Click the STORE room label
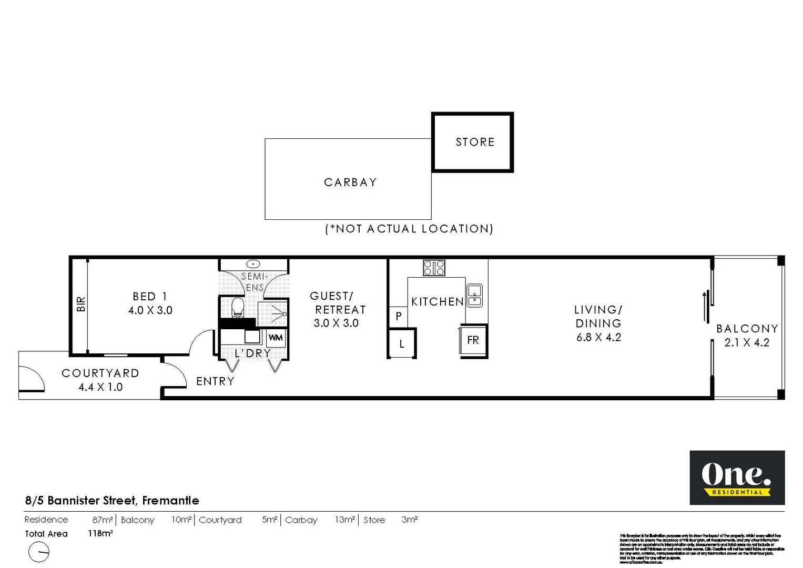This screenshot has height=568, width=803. [475, 142]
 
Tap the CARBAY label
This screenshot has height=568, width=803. [350, 182]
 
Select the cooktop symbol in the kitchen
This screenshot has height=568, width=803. [434, 268]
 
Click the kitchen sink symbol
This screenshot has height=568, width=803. [474, 295]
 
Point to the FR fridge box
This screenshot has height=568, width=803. [473, 340]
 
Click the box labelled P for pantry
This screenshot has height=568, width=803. [399, 316]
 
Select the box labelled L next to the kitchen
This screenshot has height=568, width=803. [402, 344]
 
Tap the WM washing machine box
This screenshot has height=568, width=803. [276, 338]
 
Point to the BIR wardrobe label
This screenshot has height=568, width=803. [81, 304]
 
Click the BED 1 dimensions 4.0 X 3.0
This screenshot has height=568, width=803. [150, 310]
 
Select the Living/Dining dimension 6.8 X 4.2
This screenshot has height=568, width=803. [598, 338]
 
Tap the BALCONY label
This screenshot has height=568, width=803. [747, 329]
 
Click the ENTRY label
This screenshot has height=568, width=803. [215, 381]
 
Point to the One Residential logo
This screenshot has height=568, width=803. [737, 478]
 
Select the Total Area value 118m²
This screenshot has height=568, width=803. [100, 533]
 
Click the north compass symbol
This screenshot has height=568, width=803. [39, 553]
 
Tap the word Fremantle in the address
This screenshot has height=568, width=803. [170, 501]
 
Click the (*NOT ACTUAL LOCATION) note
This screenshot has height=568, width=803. [409, 229]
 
